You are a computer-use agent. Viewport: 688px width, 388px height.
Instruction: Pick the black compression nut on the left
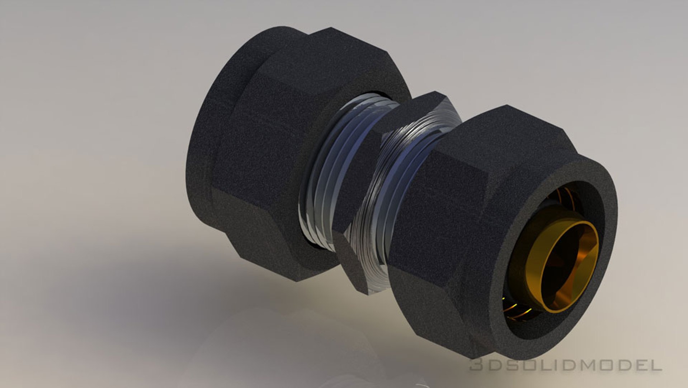pyautogui.click(x=273, y=144)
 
